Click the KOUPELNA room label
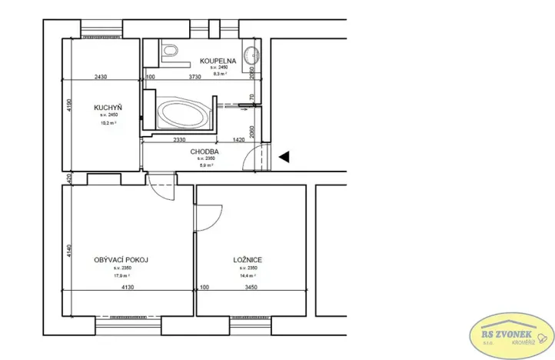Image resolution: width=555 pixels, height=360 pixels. pos(218,60)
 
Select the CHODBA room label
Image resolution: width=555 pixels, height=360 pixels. pos(205,152)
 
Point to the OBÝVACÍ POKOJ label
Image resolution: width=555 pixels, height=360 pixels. pos(121,260)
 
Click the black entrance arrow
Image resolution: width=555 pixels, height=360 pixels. pos(284,157)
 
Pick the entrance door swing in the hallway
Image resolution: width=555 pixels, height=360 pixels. pos(251,158)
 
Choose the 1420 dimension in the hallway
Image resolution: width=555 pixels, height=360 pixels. pos(239,140)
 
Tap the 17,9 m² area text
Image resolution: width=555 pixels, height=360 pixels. pos(121,275)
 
